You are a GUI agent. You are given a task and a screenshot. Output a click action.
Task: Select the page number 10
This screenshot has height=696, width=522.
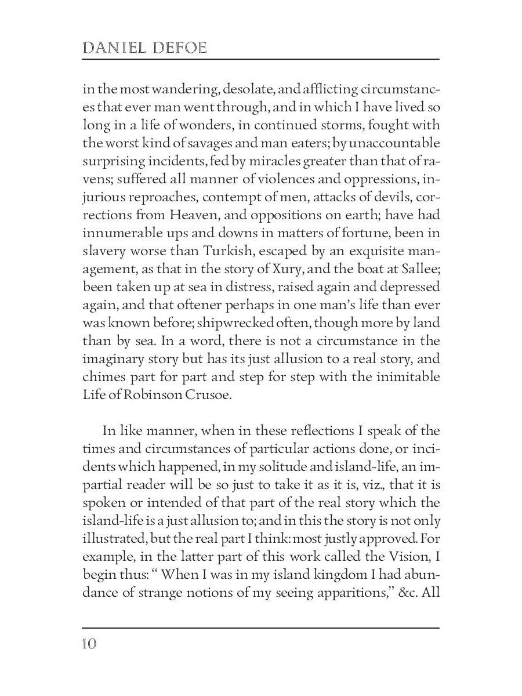(x=89, y=644)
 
